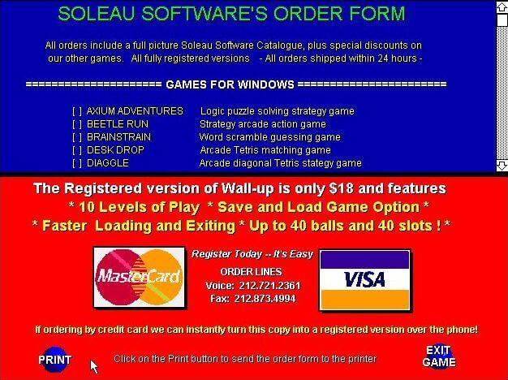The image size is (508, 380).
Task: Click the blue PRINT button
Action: pyautogui.click(x=54, y=360)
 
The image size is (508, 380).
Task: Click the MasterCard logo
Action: pyautogui.click(x=140, y=278)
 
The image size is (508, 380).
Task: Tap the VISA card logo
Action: pyautogui.click(x=365, y=280)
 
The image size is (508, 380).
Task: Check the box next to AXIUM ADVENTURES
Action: pyautogui.click(x=77, y=111)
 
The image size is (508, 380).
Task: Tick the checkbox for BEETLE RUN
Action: pyautogui.click(x=77, y=124)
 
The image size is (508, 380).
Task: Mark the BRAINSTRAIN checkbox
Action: pyautogui.click(x=77, y=137)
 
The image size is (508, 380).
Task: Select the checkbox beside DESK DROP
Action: pyautogui.click(x=77, y=150)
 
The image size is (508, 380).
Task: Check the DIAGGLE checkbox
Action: pyautogui.click(x=77, y=163)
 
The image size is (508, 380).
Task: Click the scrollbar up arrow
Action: pyautogui.click(x=502, y=7)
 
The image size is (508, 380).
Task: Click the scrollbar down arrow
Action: pyautogui.click(x=502, y=165)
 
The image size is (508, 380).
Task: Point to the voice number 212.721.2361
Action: pyautogui.click(x=269, y=286)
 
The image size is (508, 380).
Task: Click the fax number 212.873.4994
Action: pyautogui.click(x=265, y=298)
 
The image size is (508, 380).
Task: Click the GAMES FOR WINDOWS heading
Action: pyautogui.click(x=230, y=84)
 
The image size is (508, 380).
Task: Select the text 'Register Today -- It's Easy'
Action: pyautogui.click(x=252, y=254)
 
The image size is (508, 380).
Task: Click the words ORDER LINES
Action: pyautogui.click(x=251, y=272)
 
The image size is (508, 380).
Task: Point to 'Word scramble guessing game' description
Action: pyautogui.click(x=270, y=137)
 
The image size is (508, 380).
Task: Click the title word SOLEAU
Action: pyautogui.click(x=97, y=14)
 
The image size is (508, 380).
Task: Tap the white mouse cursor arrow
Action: pyautogui.click(x=94, y=367)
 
